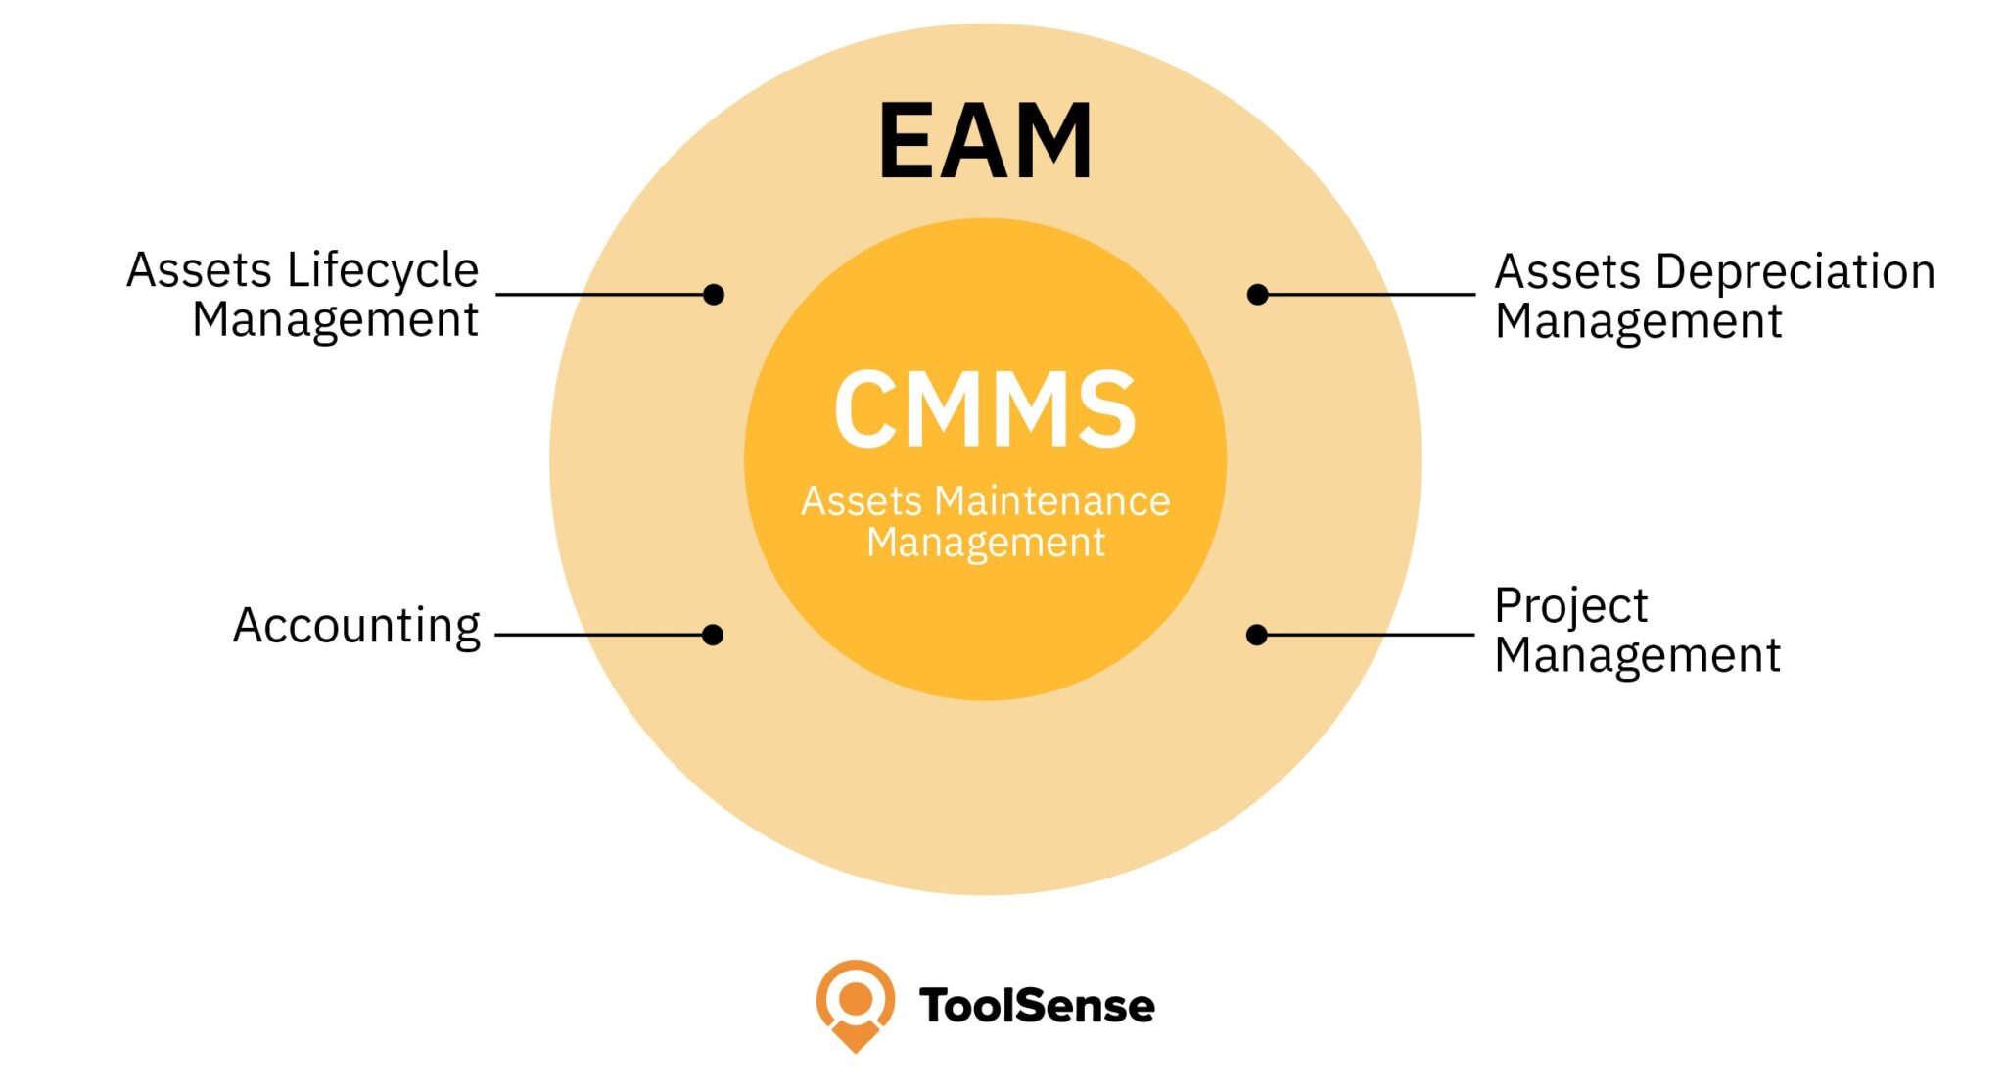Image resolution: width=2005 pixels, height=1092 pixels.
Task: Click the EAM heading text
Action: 985,142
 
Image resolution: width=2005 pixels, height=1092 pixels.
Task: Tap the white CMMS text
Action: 985,409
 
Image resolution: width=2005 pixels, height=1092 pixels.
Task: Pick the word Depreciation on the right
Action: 1795,272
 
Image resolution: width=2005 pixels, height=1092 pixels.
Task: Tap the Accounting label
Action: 356,626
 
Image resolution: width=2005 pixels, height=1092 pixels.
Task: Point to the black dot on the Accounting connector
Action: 713,635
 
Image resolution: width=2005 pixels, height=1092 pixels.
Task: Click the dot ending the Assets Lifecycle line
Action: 714,294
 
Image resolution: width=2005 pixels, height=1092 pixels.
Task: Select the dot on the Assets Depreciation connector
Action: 1258,294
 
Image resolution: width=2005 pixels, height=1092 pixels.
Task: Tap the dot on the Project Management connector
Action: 1257,635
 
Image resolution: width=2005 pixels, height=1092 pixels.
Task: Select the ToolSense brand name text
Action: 1037,1006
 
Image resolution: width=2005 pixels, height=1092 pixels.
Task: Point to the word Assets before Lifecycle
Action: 199,271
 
